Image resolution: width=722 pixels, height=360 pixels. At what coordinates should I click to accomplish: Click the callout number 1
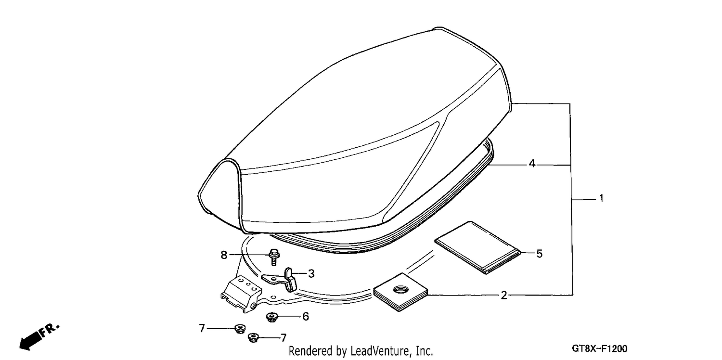tap(601, 198)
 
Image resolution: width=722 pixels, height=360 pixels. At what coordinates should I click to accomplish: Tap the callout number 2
tap(504, 295)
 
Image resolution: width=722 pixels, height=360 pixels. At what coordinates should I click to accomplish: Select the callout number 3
tap(311, 274)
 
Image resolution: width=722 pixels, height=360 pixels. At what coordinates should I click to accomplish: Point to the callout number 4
tap(532, 164)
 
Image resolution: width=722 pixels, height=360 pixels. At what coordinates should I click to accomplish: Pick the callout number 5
tap(539, 254)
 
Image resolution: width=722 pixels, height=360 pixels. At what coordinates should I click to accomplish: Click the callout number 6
tap(306, 317)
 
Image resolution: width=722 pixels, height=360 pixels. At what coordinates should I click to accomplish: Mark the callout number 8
tap(224, 255)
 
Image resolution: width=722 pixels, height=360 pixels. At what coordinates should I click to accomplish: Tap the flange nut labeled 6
tap(272, 317)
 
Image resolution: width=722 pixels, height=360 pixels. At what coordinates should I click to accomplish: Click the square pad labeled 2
tap(400, 292)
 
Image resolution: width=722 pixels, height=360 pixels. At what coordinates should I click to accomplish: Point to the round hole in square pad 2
tap(400, 289)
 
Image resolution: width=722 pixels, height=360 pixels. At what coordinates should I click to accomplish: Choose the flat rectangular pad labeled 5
tap(477, 247)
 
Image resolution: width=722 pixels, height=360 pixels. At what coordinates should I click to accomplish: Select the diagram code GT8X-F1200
tap(600, 348)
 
